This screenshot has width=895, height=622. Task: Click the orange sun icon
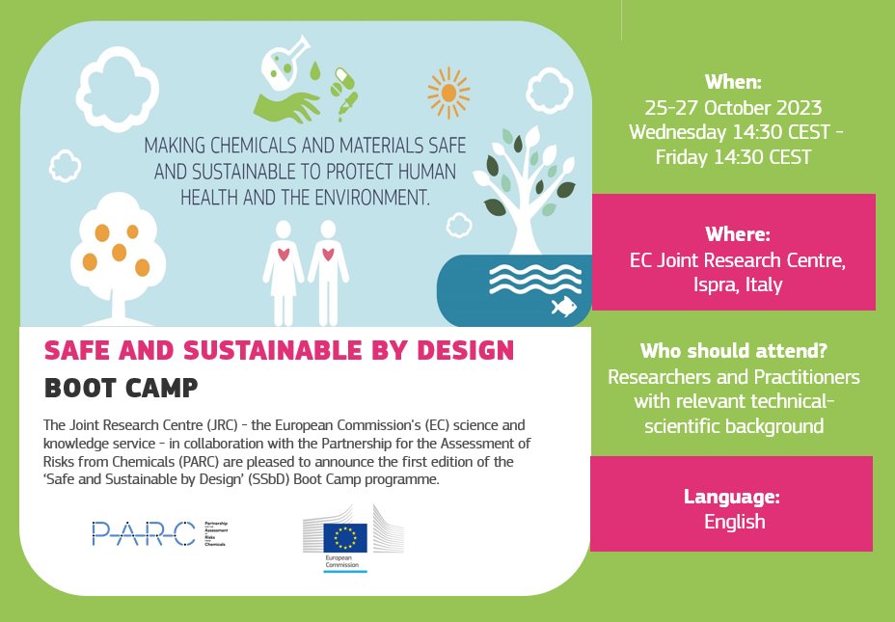point(448,93)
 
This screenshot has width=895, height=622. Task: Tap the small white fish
point(563,307)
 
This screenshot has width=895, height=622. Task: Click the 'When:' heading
point(732,81)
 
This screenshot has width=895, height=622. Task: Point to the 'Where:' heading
point(733,234)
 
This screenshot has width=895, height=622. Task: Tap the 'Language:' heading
point(731,498)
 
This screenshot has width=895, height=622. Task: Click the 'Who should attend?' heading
point(733,351)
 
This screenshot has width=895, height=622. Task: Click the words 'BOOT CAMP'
point(122,389)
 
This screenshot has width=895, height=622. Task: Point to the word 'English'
point(735,522)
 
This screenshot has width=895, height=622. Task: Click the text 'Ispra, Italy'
point(733,285)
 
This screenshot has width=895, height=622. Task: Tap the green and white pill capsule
point(341,76)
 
